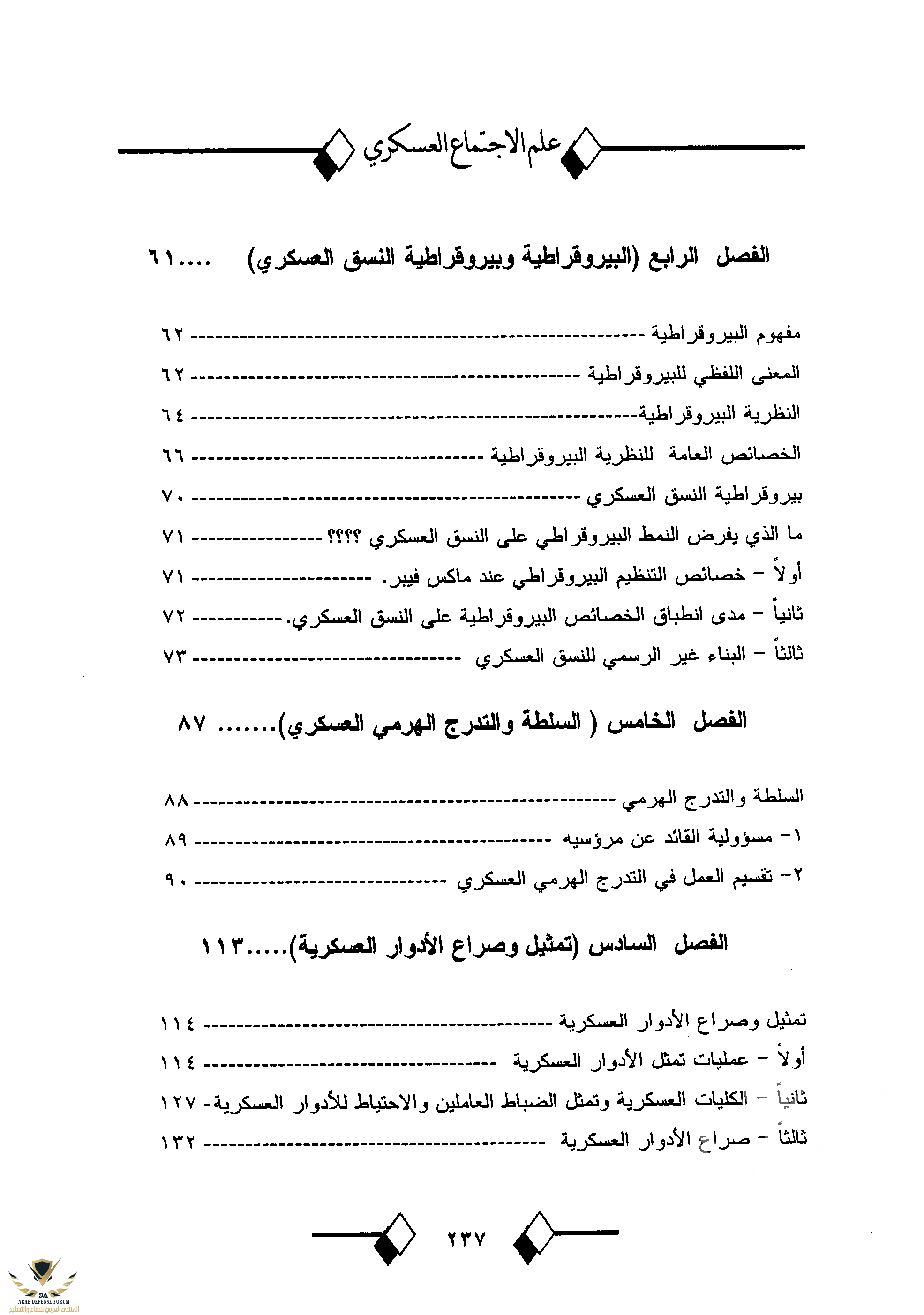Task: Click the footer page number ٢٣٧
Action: [466, 1240]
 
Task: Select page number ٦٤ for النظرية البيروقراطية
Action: [173, 416]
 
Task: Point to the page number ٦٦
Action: [173, 456]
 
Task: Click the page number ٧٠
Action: [173, 497]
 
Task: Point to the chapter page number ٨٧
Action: [191, 724]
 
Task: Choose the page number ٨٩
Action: [176, 840]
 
